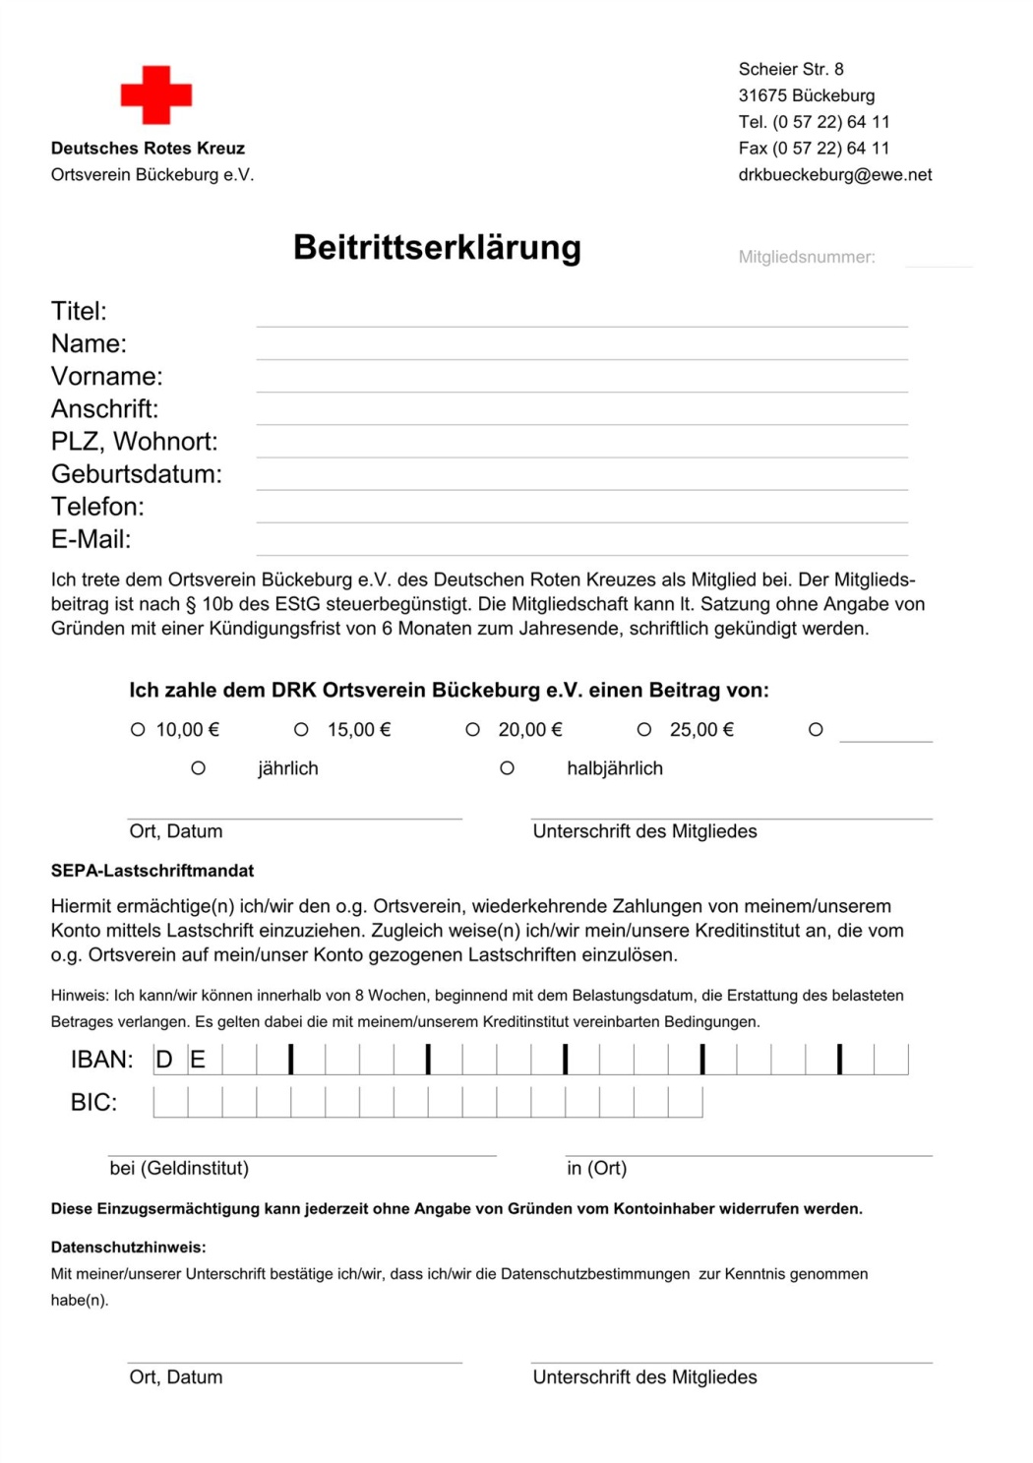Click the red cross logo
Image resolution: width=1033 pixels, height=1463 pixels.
[156, 95]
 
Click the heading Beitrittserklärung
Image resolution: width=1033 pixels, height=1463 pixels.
[437, 247]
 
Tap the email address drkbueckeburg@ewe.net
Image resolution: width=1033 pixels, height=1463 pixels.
[834, 174]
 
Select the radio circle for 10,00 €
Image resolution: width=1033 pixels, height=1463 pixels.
[138, 729]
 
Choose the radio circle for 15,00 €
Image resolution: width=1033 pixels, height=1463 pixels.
[301, 729]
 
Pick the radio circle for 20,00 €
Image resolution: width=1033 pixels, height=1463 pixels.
[472, 729]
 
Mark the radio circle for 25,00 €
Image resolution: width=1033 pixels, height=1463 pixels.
[644, 729]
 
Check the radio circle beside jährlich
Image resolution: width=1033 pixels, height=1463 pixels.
[198, 767]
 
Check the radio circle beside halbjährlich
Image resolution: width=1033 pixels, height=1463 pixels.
[507, 767]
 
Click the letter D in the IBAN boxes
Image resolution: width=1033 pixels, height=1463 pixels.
[164, 1060]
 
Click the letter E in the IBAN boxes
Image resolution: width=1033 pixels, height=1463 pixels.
[198, 1060]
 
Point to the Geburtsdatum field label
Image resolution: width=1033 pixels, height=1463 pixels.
[137, 474]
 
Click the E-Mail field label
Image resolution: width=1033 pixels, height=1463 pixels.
[91, 539]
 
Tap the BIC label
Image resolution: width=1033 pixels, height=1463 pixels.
[93, 1102]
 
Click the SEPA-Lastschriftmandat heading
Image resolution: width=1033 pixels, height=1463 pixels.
[152, 871]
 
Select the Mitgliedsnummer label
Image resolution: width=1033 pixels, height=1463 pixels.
[807, 257]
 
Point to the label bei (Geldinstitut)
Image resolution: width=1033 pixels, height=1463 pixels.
[179, 1168]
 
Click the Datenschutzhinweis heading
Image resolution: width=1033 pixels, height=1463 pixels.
[129, 1247]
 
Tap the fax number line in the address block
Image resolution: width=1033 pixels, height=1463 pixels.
[814, 148]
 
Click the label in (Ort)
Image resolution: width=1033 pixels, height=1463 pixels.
[596, 1168]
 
